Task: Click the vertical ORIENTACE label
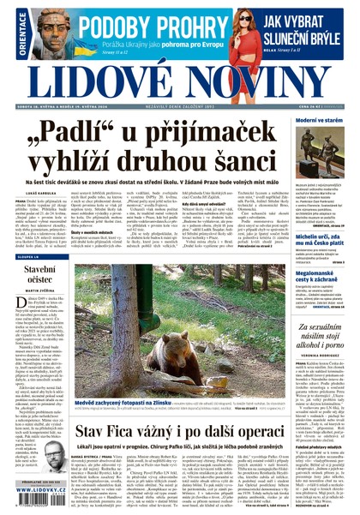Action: click(10, 33)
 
